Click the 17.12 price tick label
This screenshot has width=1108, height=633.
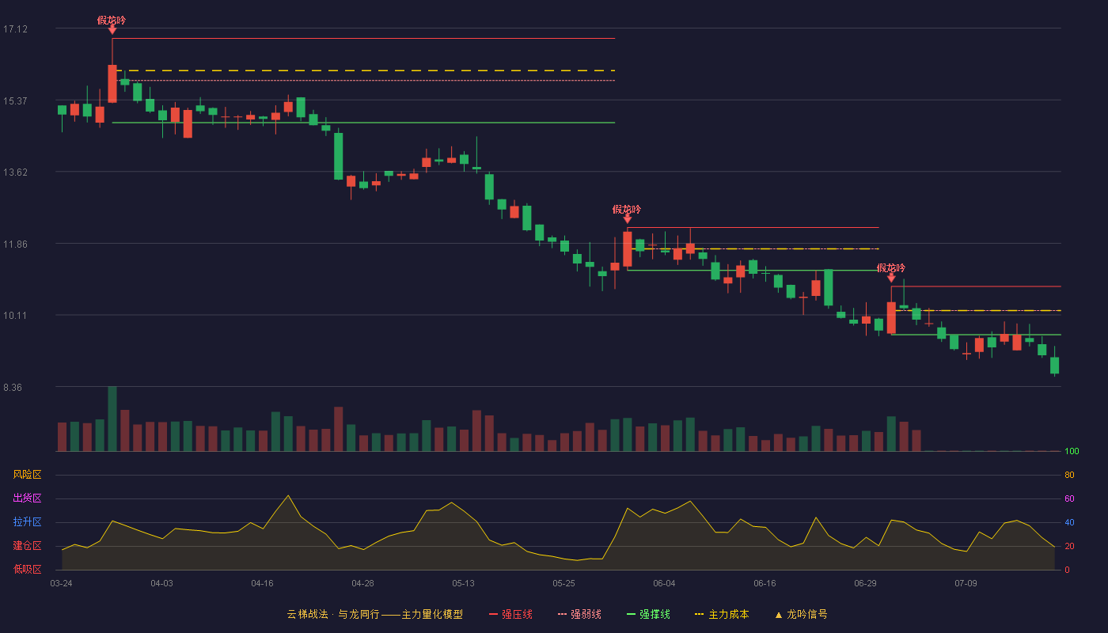[x=15, y=29]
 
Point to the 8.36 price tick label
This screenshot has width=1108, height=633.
[x=13, y=388]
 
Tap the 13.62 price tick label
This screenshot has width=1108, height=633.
[x=15, y=172]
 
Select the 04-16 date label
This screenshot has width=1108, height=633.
[x=262, y=584]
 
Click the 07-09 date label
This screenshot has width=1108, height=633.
[x=966, y=584]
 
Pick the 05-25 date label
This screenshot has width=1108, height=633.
[x=563, y=584]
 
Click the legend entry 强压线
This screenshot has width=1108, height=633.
[x=510, y=614]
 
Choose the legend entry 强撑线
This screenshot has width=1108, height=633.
[x=648, y=614]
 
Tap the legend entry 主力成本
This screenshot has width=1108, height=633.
[x=722, y=614]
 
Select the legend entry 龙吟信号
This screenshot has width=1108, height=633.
[x=801, y=614]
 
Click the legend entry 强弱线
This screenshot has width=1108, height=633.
[x=579, y=614]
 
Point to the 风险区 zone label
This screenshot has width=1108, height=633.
[x=27, y=475]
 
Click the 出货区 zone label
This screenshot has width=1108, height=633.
[x=27, y=498]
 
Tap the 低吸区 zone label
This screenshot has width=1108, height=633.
[x=27, y=569]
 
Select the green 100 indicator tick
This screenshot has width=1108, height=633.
[x=1072, y=451]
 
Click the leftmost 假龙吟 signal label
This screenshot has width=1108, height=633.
[x=112, y=21]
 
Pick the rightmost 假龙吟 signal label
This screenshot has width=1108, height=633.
[x=891, y=268]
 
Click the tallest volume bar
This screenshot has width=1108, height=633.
[x=112, y=419]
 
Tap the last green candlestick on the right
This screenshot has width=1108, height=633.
[x=1054, y=366]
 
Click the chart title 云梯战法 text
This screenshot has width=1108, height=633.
[x=308, y=614]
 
